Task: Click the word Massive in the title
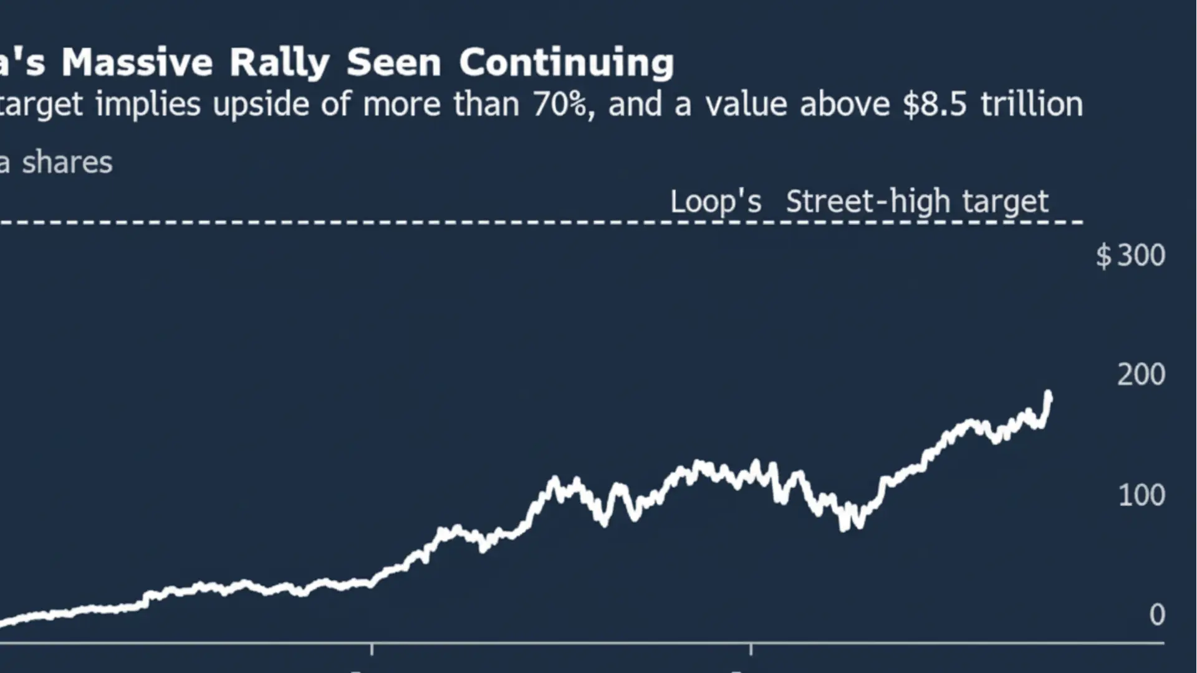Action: pyautogui.click(x=137, y=63)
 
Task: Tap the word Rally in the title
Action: pyautogui.click(x=279, y=63)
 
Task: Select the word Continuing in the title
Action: pyautogui.click(x=566, y=63)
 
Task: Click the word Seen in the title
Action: pyautogui.click(x=394, y=63)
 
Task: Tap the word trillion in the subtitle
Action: pyautogui.click(x=1032, y=104)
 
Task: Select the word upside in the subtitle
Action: pyautogui.click(x=261, y=104)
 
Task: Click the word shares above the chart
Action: pyautogui.click(x=67, y=163)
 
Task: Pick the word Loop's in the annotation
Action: pyautogui.click(x=716, y=201)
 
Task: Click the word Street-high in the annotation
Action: pyautogui.click(x=867, y=201)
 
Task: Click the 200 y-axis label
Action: pyautogui.click(x=1141, y=375)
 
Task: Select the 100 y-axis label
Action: pyautogui.click(x=1141, y=495)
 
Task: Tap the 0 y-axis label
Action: pyautogui.click(x=1157, y=615)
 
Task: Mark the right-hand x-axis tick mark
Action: pyautogui.click(x=751, y=649)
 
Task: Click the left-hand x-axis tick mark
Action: pyautogui.click(x=372, y=649)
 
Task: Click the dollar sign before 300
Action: pyautogui.click(x=1103, y=255)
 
